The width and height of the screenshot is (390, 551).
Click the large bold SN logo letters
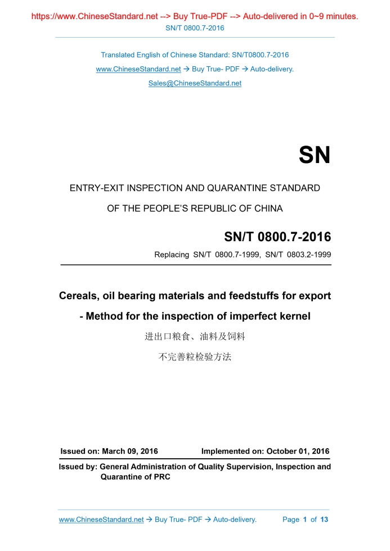tap(314, 155)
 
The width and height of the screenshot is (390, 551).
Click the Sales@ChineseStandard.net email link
tap(195, 83)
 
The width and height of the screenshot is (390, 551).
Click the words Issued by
tap(78, 467)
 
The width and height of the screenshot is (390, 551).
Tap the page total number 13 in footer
tap(324, 520)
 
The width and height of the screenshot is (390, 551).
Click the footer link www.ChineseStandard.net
tap(101, 520)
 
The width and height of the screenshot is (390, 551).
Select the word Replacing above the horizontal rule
tap(172, 255)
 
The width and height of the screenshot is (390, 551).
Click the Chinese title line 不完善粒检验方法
tap(195, 356)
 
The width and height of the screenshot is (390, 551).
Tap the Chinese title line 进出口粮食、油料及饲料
tap(195, 337)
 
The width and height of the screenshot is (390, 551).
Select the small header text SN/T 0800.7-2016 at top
tap(195, 28)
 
